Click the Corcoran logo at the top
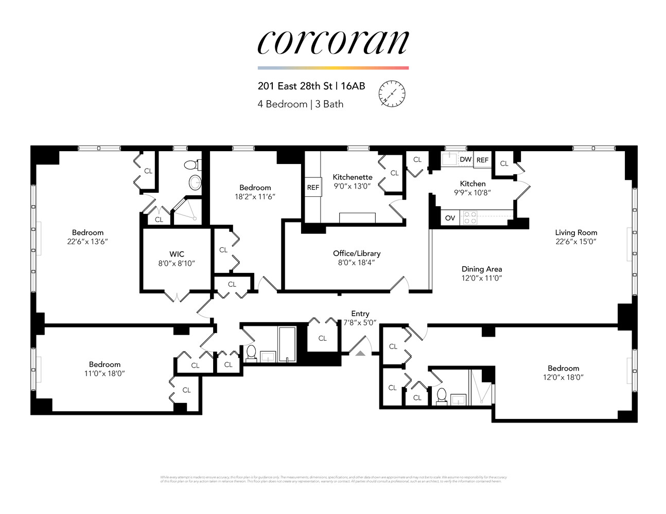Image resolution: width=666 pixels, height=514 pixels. pos(333,42)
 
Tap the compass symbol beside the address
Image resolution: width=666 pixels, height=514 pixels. pos(392,94)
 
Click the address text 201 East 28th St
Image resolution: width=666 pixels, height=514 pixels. pos(295,86)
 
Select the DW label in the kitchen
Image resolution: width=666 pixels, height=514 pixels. pos(465,159)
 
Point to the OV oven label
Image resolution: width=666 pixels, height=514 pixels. pos(450,218)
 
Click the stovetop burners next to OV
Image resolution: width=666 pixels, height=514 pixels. pos(470,218)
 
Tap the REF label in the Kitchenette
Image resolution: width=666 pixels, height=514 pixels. pos(313,188)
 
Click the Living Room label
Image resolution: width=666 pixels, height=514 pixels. pos(576,232)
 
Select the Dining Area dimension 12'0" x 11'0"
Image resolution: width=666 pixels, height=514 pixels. pos(481,278)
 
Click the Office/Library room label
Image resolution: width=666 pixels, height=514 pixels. pos(357,253)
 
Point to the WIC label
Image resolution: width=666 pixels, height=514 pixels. pos(177,254)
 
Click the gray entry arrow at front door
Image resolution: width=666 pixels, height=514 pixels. pos(360,353)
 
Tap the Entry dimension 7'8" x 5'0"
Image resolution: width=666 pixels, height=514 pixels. pos(360,323)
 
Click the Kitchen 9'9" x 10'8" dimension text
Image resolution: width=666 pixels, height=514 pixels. pos(472,193)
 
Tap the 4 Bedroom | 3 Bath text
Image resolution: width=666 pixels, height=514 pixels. pos(301,104)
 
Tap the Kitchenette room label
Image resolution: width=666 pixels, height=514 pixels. pos(352,177)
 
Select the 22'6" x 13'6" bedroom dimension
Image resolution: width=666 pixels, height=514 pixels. pos(87,242)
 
